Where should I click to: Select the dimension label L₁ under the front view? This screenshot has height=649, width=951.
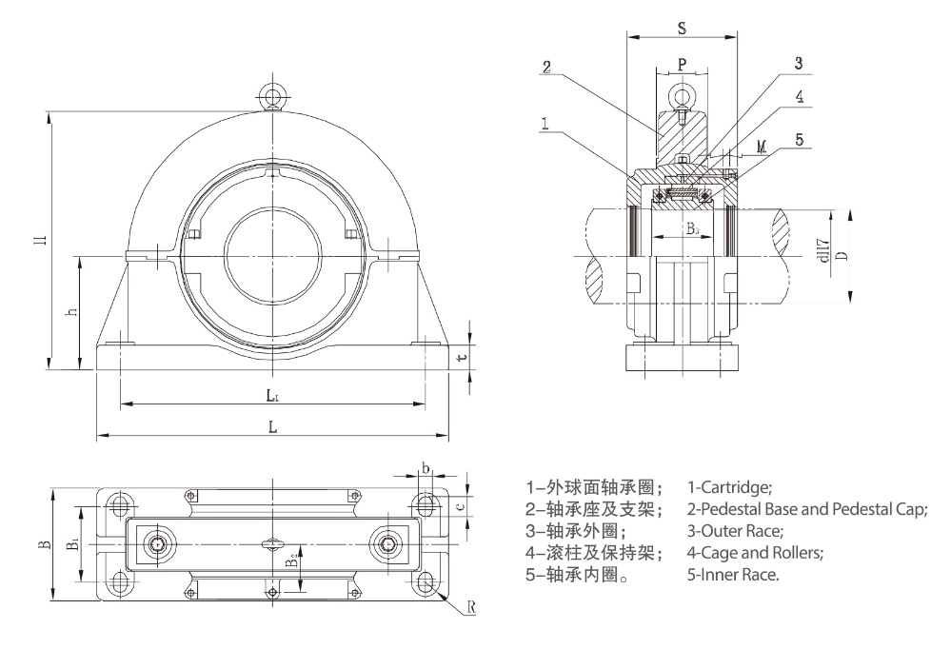coord(271,393)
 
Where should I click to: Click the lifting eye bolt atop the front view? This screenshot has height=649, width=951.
coord(271,95)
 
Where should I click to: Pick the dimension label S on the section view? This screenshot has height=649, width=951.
coord(682,28)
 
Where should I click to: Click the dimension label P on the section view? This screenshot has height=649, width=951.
coord(682,64)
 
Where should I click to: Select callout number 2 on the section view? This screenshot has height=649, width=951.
coord(546,67)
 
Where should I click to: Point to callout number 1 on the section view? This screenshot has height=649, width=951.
coord(544,123)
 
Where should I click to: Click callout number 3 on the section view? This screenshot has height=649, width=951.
coord(799,63)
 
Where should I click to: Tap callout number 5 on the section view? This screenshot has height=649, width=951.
coord(799,139)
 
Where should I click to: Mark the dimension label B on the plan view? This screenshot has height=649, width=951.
coord(42,545)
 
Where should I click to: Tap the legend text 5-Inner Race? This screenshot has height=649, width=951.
coord(733,575)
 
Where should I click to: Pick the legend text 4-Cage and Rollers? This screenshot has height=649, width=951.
coord(755,553)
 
